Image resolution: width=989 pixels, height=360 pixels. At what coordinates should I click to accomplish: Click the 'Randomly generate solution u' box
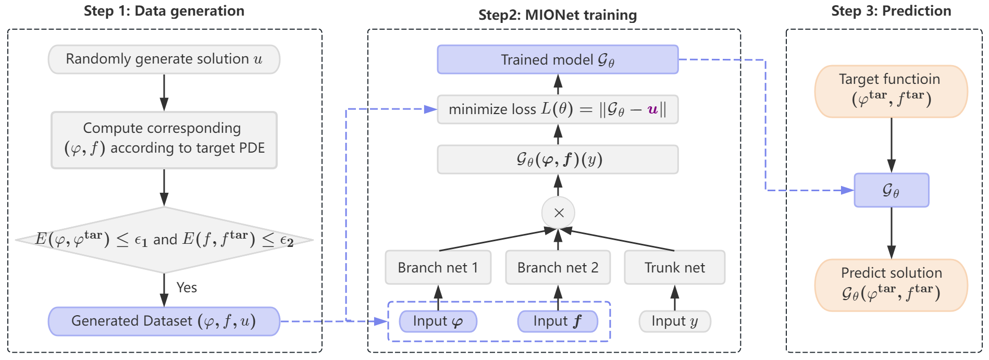coord(164,59)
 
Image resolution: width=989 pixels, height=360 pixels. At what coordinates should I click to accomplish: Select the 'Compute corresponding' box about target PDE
coord(164,140)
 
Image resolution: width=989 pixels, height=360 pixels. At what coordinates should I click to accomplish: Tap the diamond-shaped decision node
coord(164,240)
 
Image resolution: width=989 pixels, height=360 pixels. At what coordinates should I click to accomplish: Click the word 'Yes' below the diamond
coord(187,288)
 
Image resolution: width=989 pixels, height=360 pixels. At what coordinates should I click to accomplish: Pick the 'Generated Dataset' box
coord(164,321)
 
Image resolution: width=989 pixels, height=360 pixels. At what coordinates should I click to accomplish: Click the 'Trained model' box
coord(558,59)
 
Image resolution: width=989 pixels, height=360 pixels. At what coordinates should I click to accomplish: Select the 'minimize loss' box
coord(558,109)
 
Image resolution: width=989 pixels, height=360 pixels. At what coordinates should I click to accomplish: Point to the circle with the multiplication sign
coord(559,213)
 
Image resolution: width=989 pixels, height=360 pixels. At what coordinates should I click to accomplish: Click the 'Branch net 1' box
coord(438,267)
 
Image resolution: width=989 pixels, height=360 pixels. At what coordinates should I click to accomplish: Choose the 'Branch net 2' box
coord(558,267)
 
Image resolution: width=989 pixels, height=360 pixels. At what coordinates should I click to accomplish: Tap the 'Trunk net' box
coord(675,267)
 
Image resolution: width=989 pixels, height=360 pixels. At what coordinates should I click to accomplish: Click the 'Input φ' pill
coord(438,321)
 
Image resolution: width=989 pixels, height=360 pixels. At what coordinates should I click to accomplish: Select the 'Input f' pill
coord(558,321)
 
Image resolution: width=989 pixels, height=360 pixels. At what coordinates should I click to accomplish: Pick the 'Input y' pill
coord(675,321)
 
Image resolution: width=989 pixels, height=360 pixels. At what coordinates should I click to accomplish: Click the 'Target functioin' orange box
coord(891,91)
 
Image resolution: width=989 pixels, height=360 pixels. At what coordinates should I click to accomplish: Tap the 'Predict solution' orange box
coord(891,285)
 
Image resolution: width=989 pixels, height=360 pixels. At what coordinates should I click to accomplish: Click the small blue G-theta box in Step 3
coord(892,190)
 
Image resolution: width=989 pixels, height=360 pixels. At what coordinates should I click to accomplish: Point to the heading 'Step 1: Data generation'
coord(164,11)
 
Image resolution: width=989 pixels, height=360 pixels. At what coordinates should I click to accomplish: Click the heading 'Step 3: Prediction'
coord(891,11)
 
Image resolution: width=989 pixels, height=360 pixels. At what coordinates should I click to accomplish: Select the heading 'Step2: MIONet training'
coord(558,15)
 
